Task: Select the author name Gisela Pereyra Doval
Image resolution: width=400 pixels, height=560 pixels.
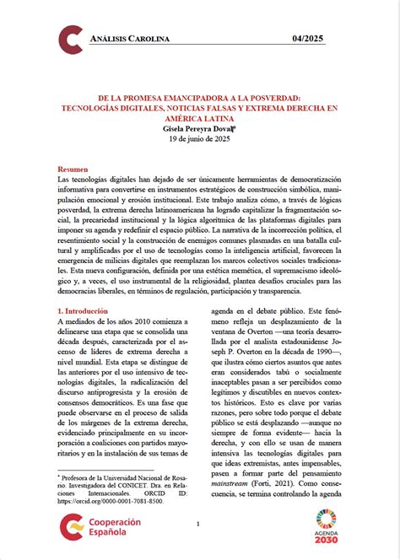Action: point(199,129)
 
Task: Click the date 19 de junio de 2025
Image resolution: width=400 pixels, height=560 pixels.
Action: point(199,140)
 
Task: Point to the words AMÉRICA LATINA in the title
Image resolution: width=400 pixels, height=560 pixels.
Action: point(200,119)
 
